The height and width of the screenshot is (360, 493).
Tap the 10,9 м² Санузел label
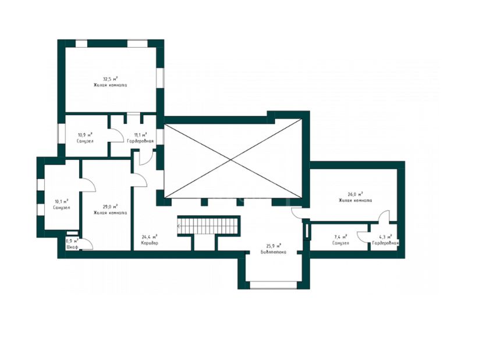[x=85, y=138]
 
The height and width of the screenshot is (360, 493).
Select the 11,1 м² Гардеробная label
[x=140, y=138]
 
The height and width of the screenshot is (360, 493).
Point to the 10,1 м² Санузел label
[x=62, y=205]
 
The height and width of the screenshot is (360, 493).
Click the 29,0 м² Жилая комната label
[x=110, y=209]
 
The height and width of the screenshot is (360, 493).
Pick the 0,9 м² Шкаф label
[x=72, y=244]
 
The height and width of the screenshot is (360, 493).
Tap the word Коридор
[x=150, y=243]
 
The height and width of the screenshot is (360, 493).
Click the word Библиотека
[x=274, y=252]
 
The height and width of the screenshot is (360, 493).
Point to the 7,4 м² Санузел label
[x=340, y=240]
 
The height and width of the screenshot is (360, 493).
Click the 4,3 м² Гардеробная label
[x=385, y=240]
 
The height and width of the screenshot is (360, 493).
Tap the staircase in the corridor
[x=209, y=225]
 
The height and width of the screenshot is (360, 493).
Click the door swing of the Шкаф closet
[x=86, y=244]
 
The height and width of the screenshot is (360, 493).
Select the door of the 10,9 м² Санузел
[x=116, y=136]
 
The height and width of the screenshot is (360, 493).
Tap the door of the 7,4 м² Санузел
[x=362, y=237]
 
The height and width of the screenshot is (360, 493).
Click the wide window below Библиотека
[x=273, y=285]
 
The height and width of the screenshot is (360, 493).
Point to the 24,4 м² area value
[x=150, y=237]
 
